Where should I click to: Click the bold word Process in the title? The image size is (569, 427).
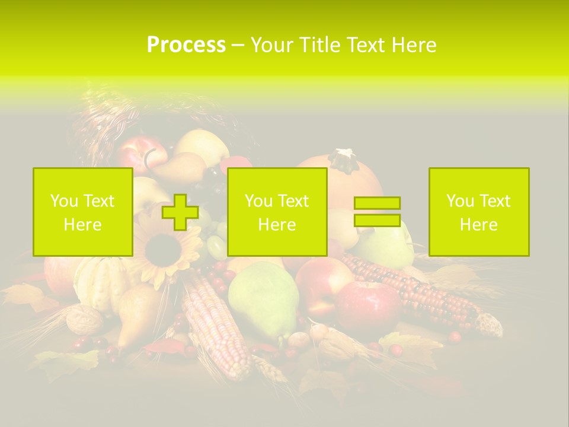(x=186, y=45)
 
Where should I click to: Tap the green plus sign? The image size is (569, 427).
(x=180, y=212)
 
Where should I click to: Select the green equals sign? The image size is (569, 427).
(x=377, y=212)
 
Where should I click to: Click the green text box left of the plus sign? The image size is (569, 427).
(x=83, y=212)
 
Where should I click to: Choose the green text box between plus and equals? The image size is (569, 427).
(x=277, y=212)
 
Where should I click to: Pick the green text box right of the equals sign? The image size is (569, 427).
(x=479, y=212)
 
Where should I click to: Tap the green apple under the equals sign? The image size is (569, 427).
(x=385, y=246)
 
